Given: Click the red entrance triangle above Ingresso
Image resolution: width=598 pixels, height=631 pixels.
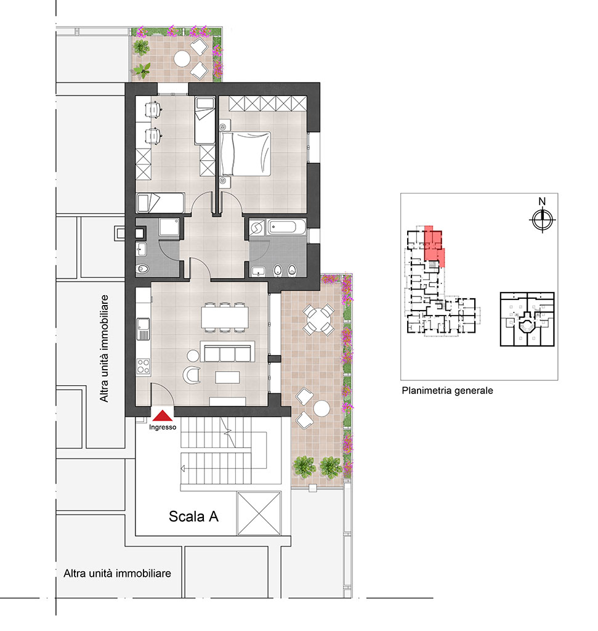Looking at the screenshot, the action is tap(163, 415).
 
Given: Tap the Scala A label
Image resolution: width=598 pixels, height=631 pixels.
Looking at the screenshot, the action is tap(193, 516).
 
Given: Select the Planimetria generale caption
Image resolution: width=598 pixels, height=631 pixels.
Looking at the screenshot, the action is tap(447, 390).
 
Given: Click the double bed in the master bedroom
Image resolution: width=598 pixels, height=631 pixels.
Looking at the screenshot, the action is tap(245, 153).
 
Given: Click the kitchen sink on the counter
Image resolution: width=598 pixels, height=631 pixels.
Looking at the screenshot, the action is tap(143, 328).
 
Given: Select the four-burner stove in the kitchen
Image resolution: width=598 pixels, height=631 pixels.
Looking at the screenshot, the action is tap(143, 366).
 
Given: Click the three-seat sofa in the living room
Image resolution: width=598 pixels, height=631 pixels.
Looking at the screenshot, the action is tap(227, 352).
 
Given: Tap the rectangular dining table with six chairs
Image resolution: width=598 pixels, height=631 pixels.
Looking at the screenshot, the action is tap(224, 317).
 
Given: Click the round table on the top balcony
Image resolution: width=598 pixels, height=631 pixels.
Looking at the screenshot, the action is tap(182, 59).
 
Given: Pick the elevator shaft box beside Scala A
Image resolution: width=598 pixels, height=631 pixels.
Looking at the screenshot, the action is tap(259, 513).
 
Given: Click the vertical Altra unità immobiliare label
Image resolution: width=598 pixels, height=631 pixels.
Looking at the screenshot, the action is tap(104, 349).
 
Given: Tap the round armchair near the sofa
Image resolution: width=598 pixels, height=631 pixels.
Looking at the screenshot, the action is tap(192, 375).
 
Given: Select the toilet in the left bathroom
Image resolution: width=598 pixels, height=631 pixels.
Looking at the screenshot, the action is tap(142, 269).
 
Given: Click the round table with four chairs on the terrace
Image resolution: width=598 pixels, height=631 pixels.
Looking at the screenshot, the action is tap(318, 320).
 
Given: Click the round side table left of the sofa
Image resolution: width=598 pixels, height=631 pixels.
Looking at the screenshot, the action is tap(193, 356).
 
